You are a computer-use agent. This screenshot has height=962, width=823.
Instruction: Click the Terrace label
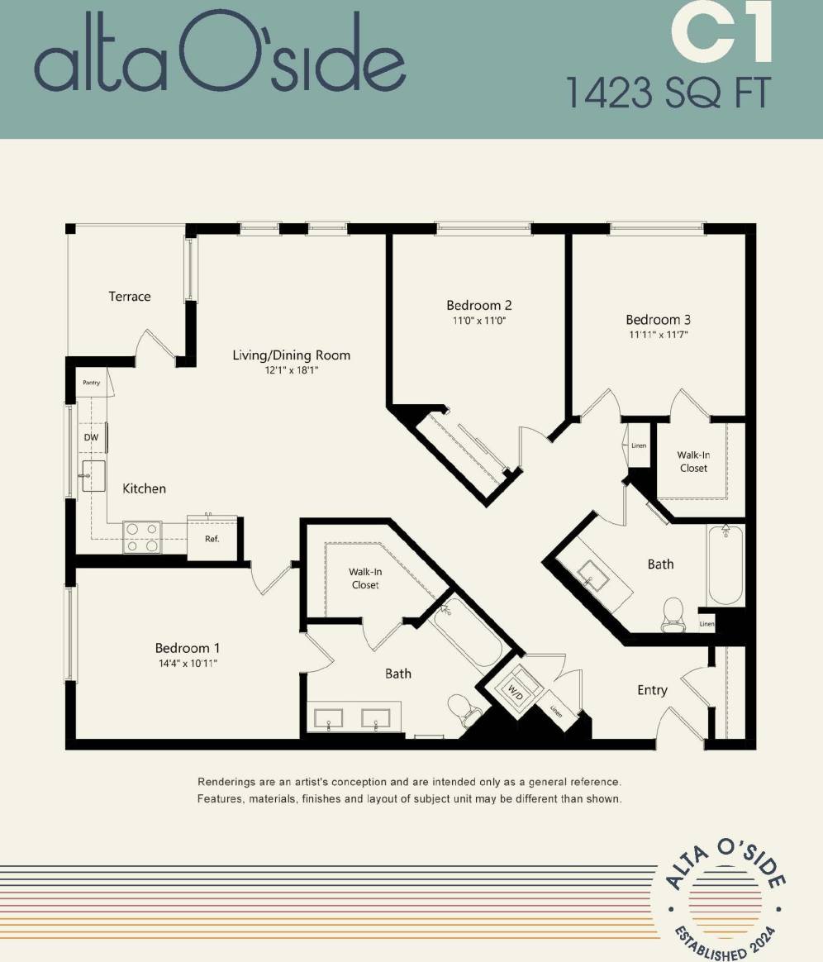coord(130,296)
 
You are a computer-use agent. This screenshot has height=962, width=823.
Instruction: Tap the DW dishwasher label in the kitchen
coord(90,437)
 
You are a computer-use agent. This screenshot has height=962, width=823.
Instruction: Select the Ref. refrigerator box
coord(212,539)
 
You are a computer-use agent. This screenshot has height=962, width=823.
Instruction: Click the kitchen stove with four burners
coord(142,536)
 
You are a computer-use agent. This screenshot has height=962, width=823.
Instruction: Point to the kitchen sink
coord(93,477)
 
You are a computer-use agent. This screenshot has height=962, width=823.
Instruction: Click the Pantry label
coord(91,383)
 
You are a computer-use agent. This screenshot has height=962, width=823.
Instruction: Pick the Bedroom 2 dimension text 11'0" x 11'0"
coord(479,320)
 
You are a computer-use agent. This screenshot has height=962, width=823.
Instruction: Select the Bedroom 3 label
coord(658,320)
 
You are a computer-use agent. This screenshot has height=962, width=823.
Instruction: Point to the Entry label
coord(652,690)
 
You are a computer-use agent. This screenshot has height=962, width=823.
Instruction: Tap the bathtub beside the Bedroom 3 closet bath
coord(725,566)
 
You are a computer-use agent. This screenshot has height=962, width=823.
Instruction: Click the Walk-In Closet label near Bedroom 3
coord(693,461)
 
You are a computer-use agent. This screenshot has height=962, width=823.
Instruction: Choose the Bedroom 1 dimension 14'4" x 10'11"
coord(188,664)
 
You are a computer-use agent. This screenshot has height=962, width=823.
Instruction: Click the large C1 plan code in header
coord(721,35)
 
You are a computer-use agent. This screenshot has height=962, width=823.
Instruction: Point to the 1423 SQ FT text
coord(668,93)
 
